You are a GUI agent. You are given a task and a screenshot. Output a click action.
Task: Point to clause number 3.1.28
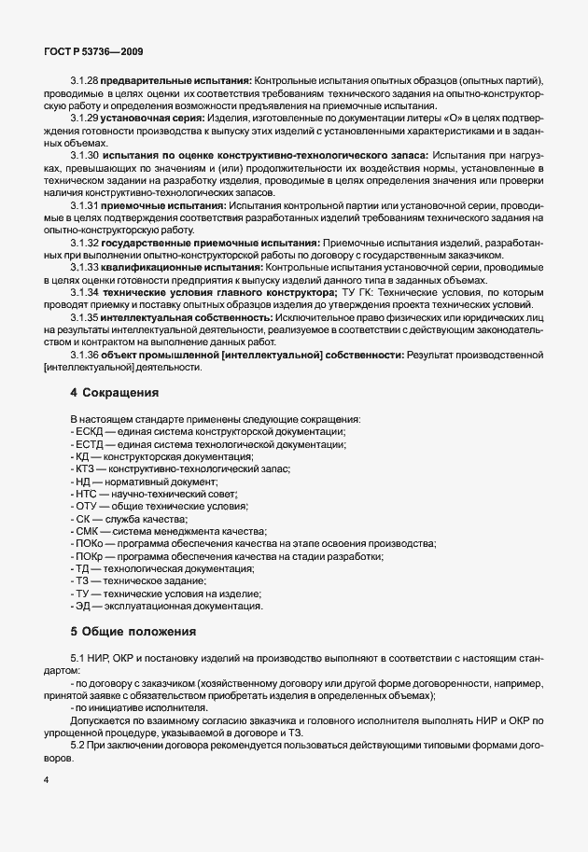click(x=83, y=80)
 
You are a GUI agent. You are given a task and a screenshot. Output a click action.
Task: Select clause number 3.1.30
click(x=83, y=153)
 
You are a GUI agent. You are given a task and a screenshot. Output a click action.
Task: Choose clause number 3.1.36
click(x=83, y=355)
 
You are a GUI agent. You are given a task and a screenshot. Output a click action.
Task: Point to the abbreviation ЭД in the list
click(x=84, y=606)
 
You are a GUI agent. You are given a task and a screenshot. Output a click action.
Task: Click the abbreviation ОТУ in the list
click(x=87, y=506)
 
